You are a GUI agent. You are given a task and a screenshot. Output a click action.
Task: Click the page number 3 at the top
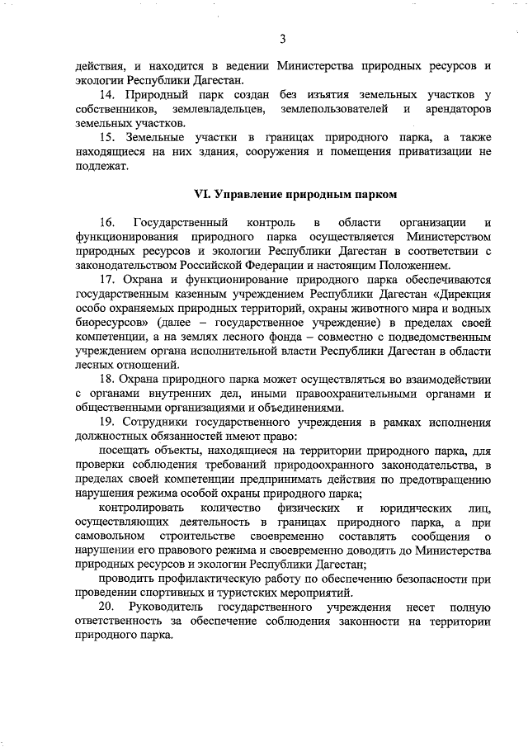(282, 39)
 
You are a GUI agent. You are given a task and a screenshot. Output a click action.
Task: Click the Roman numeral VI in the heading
(202, 195)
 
